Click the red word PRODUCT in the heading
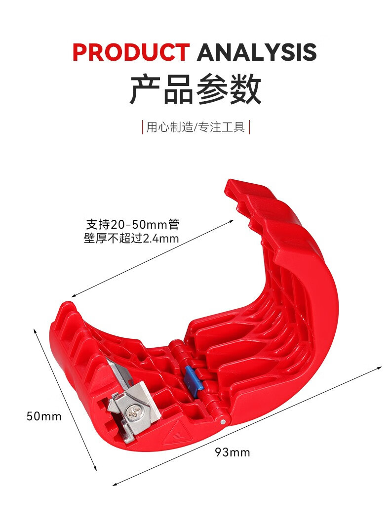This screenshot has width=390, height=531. tap(131, 52)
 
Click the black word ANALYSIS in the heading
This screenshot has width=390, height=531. tap(257, 52)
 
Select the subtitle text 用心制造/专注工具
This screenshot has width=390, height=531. tap(195, 127)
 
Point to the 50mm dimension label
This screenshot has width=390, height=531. tap(44, 416)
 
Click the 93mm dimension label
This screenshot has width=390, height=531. tap(232, 452)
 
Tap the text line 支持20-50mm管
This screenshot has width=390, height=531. tap(132, 225)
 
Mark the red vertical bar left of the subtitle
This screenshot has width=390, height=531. tap(143, 127)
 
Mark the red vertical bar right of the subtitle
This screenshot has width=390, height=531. tap(250, 127)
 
